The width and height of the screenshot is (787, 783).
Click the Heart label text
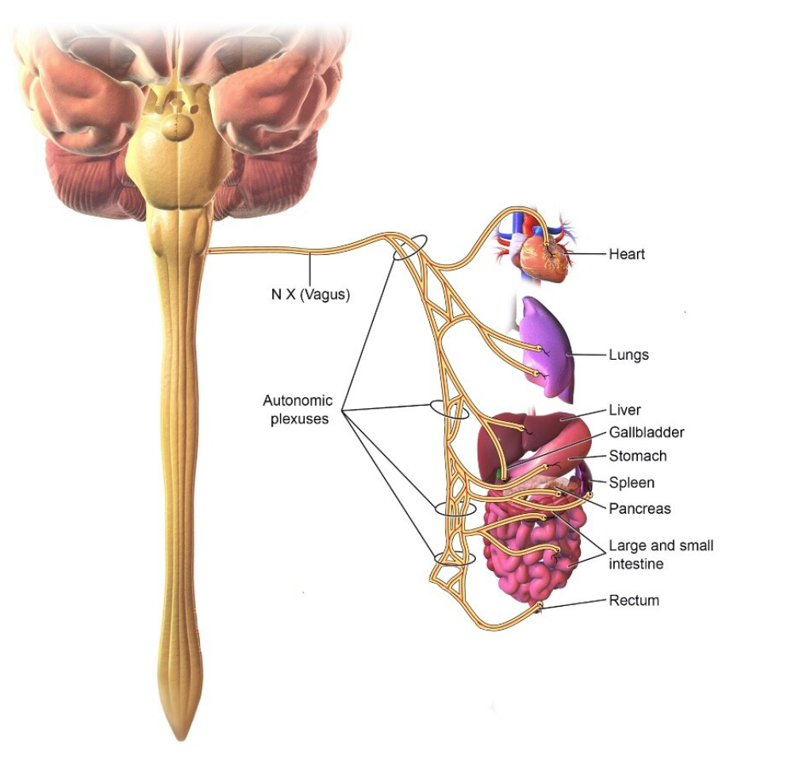click(627, 254)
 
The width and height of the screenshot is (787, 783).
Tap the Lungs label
click(628, 355)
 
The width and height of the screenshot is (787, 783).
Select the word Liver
click(624, 410)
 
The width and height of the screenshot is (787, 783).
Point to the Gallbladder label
click(647, 433)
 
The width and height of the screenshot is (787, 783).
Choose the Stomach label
click(637, 456)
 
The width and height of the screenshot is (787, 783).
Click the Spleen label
click(632, 483)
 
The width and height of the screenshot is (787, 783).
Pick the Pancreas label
click(639, 509)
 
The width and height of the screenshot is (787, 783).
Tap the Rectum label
click(633, 600)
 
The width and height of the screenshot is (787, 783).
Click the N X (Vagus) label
click(310, 295)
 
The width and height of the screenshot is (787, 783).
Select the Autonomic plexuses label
click(298, 410)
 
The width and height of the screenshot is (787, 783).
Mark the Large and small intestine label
click(661, 554)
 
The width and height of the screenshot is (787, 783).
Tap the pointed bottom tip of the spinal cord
click(181, 740)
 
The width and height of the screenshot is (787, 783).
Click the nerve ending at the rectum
click(539, 605)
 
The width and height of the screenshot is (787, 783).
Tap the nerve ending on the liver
click(524, 429)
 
